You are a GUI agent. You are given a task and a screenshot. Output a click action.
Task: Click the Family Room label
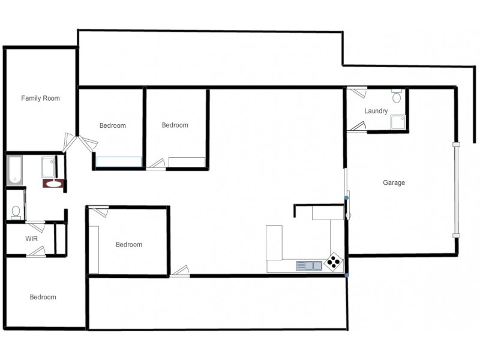(41, 98)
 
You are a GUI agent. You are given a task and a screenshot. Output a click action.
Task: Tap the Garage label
(394, 183)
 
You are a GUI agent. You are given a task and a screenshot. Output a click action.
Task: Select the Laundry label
(376, 111)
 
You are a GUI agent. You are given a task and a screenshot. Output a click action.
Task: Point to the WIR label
(32, 238)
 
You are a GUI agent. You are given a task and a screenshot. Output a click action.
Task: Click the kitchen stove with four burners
(334, 261)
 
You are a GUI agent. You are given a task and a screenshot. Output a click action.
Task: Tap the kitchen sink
(309, 265)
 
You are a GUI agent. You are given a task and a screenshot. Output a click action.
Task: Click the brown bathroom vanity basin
(53, 184)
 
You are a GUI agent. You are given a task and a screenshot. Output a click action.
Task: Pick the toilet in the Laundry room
(397, 97)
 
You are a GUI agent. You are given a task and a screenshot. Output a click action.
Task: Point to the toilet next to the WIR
(16, 212)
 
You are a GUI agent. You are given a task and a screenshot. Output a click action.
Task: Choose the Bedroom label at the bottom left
(43, 297)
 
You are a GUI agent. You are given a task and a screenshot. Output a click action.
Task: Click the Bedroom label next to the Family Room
(113, 125)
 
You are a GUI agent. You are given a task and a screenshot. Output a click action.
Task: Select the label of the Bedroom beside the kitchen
(129, 244)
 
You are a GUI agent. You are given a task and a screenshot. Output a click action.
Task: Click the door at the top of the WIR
(36, 227)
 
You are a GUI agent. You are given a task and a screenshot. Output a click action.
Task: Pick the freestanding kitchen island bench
(274, 242)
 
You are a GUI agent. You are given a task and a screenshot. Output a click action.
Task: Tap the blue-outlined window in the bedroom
(119, 162)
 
